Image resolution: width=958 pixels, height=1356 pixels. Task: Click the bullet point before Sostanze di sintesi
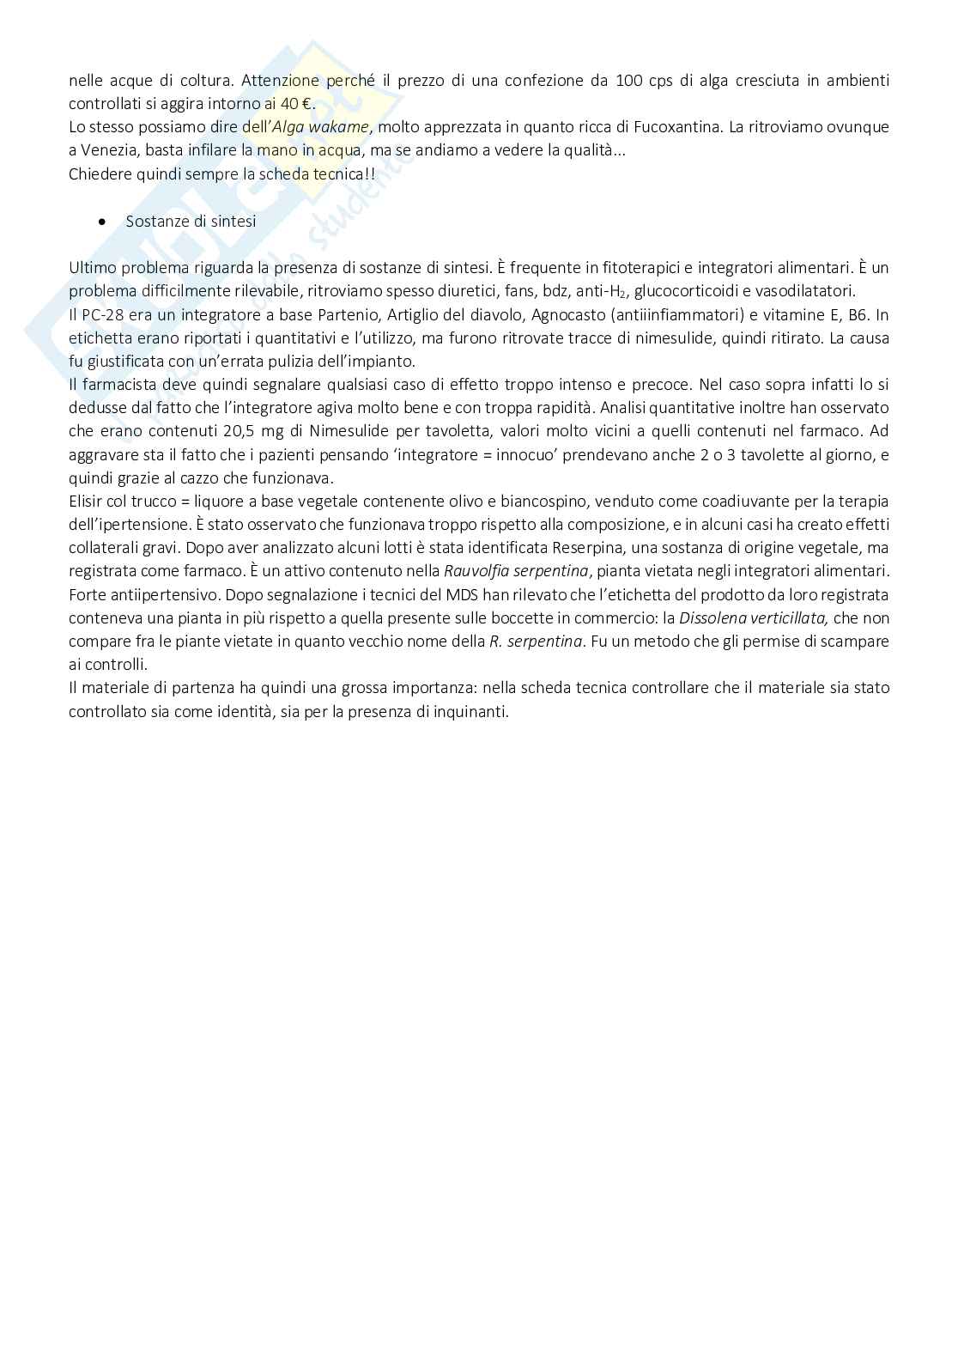[x=103, y=222]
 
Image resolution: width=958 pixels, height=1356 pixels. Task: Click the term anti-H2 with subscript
[x=601, y=291]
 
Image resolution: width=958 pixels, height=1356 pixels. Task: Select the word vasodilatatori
[x=805, y=291]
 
